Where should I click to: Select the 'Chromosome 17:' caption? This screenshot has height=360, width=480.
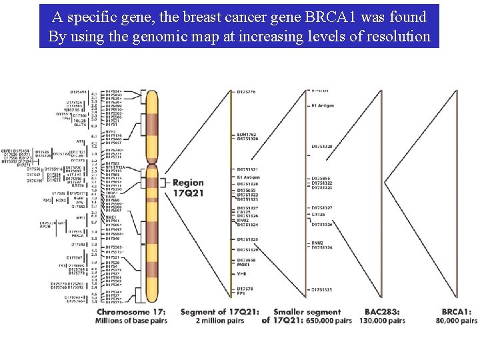pyautogui.click(x=131, y=311)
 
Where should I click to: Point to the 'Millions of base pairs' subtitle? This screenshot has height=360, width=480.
pyautogui.click(x=131, y=321)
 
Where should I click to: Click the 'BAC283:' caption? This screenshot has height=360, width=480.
pyautogui.click(x=384, y=311)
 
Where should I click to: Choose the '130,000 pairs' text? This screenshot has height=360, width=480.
pyautogui.click(x=384, y=321)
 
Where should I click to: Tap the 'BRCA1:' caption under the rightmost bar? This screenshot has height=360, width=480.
pyautogui.click(x=457, y=311)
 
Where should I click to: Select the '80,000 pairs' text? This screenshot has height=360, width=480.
pyautogui.click(x=457, y=321)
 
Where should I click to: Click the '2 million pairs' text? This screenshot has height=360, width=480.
pyautogui.click(x=221, y=321)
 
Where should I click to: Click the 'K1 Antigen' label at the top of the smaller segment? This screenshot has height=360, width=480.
pyautogui.click(x=323, y=106)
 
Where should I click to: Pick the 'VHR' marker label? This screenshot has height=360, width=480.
pyautogui.click(x=241, y=274)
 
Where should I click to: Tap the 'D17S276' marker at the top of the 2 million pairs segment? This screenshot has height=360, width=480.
pyautogui.click(x=247, y=91)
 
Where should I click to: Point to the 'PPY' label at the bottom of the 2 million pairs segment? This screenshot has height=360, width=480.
pyautogui.click(x=241, y=293)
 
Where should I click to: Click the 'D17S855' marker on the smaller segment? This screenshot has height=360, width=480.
pyautogui.click(x=321, y=179)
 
